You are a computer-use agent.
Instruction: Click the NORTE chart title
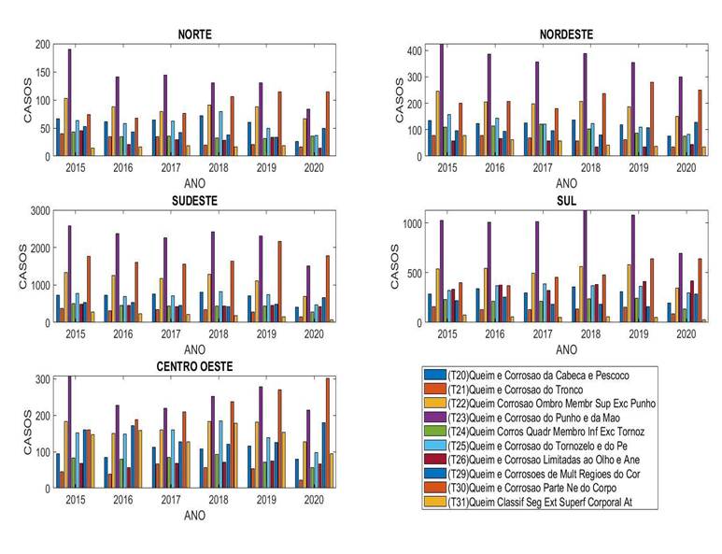click(x=195, y=35)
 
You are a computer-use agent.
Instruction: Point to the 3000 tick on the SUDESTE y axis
click(x=37, y=211)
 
